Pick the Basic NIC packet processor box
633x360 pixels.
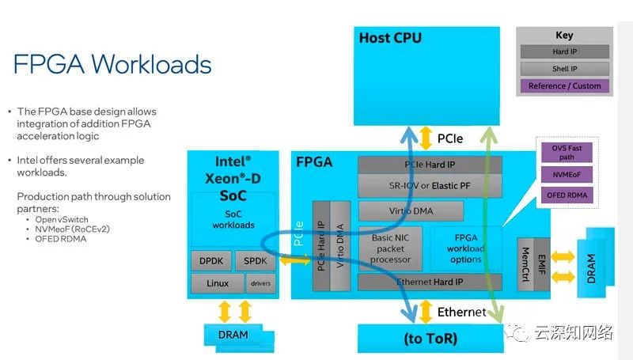coord(390,248)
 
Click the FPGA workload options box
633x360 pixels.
coord(465,248)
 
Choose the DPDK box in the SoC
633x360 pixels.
coord(210,260)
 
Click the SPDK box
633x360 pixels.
coord(255,260)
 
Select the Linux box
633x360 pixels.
coord(217,283)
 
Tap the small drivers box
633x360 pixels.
coord(260,283)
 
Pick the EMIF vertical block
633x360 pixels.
coord(544,260)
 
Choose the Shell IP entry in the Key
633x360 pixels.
coord(564,69)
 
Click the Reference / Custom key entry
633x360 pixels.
coord(564,85)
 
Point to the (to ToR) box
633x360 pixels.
coord(430,339)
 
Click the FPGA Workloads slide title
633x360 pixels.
coord(112,63)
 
